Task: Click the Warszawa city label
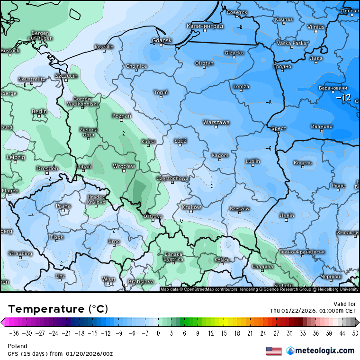pos(216,122)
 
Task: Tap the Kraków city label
pos(192,207)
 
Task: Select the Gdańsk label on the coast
pos(162,41)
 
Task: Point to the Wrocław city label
pos(124,166)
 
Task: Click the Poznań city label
pos(122,116)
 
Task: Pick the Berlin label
pos(39,111)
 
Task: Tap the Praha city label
pos(63,206)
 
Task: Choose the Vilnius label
pos(315,27)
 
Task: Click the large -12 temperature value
pos(343,98)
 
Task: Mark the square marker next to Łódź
pos(180,145)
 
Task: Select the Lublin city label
pos(253,161)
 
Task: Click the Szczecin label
pos(66,76)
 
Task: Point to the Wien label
pos(109,279)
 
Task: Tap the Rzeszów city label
pos(239,209)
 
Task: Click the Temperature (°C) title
pos(58,309)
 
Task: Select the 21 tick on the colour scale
pos(250,333)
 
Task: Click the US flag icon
pos(274,351)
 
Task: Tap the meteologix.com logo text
pos(324,351)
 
